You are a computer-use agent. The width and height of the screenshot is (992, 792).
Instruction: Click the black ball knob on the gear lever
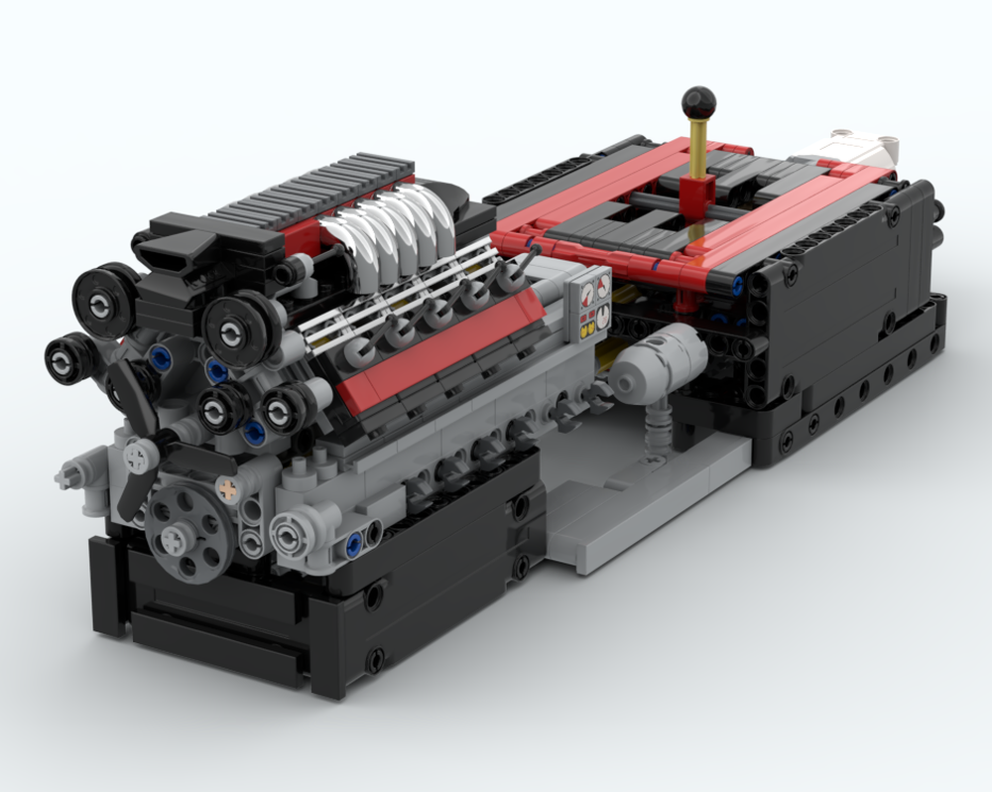(x=698, y=101)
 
